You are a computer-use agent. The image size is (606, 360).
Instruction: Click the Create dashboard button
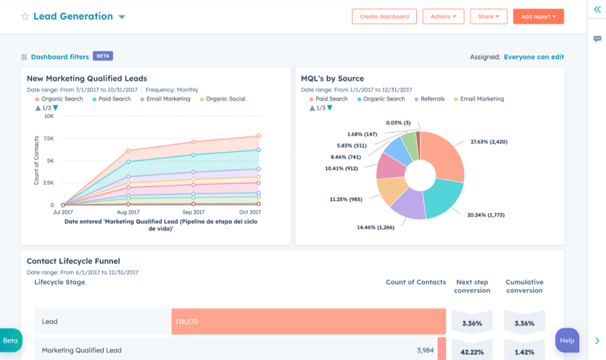coord(384,17)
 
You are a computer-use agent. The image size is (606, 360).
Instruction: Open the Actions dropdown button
coord(443,17)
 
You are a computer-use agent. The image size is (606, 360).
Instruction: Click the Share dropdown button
coord(488,17)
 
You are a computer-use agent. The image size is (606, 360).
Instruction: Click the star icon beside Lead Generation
coord(25,17)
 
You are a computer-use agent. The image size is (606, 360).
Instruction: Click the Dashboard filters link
coord(59,56)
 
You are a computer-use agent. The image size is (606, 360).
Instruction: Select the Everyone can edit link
coord(534,57)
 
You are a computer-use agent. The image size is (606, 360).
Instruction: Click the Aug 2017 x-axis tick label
coord(128,212)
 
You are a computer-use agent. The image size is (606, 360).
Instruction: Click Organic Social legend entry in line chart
coord(225,99)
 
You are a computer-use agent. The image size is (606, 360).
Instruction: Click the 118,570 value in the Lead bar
coord(187,321)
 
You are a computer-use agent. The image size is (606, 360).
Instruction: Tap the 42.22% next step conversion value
coord(472,351)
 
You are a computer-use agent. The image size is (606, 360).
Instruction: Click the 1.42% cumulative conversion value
coord(524,351)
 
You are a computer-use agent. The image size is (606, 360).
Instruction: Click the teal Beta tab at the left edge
coord(11,340)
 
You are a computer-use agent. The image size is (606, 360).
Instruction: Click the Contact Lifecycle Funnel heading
coord(73,261)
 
